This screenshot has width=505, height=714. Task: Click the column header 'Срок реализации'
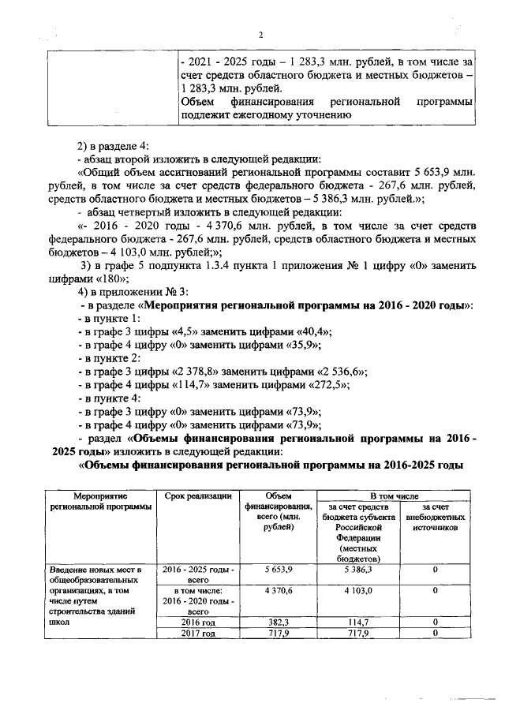pyautogui.click(x=197, y=495)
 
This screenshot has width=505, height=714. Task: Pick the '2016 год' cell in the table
pyautogui.click(x=197, y=622)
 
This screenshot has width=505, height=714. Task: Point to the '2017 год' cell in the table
pyautogui.click(x=197, y=633)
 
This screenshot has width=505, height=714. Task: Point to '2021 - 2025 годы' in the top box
pyautogui.click(x=230, y=61)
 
